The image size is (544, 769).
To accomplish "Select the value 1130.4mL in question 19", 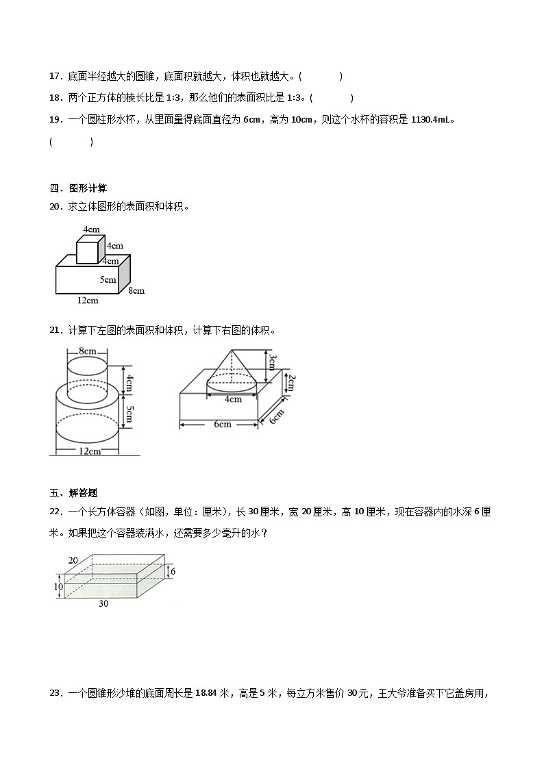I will point(431,120).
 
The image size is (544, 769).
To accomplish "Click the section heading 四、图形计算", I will point(78,188).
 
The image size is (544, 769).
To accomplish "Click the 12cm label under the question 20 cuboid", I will point(88,300).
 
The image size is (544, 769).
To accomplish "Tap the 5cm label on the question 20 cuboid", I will point(108,279).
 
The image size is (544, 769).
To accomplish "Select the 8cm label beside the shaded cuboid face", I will point(136,290).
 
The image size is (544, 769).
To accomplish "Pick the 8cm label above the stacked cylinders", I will point(87,351).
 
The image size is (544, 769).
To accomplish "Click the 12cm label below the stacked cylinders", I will point(90,451).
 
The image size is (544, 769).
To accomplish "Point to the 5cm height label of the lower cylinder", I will point(129,412).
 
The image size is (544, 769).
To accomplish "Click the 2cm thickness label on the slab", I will point(290,383).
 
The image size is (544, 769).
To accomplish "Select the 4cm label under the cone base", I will point(233,399).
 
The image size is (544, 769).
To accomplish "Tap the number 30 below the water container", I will point(103,603).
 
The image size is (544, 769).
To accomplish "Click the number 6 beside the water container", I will point(173,571).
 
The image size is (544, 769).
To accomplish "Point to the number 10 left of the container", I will point(58,586).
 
